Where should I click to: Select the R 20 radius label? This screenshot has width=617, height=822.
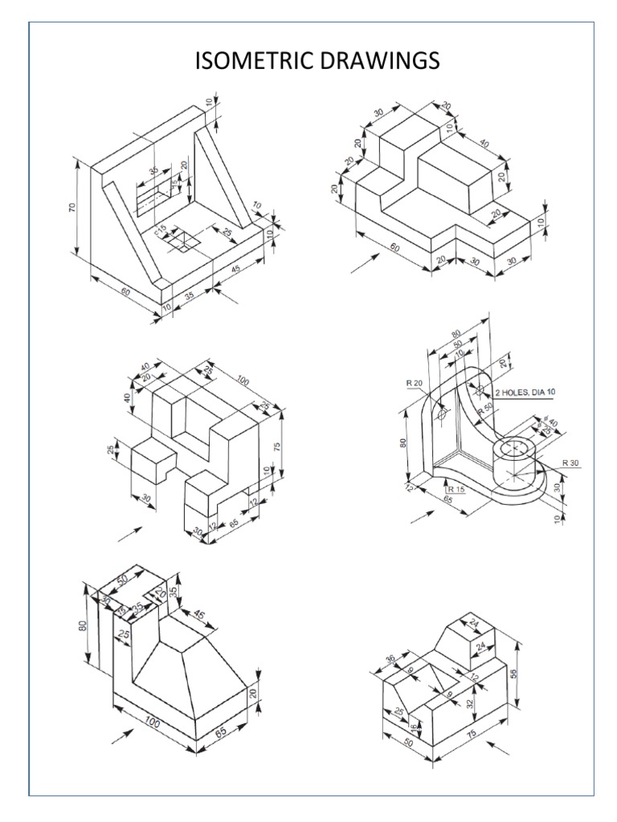tap(415, 384)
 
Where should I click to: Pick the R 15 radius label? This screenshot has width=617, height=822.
tap(456, 489)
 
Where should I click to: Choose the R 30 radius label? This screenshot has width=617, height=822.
tap(570, 462)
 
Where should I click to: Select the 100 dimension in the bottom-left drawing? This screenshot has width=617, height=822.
tap(152, 723)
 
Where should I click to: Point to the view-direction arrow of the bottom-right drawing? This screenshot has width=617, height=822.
tap(499, 749)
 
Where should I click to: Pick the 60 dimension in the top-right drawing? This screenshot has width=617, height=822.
tap(395, 250)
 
